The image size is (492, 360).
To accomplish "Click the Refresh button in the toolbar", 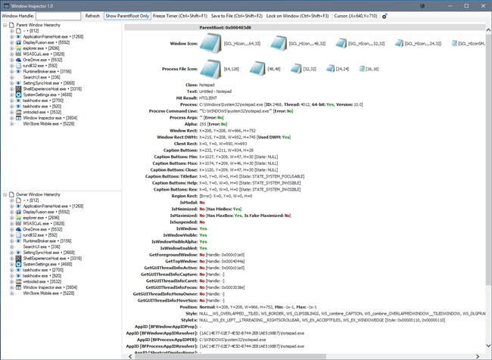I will coord(92,15).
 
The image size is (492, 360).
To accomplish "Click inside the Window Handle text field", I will coord(58,15).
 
